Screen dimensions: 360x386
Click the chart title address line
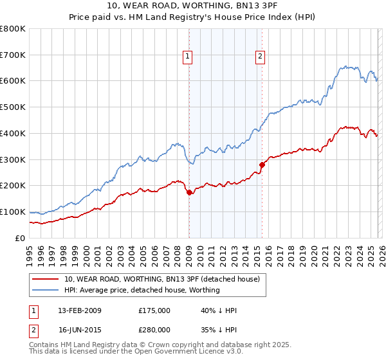pos(193,6)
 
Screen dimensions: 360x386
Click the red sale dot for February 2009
pos(189,192)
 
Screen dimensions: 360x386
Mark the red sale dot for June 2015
pos(262,165)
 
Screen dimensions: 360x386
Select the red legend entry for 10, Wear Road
pos(161,279)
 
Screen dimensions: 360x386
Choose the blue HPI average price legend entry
pos(142,290)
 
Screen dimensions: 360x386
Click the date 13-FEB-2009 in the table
pos(79,310)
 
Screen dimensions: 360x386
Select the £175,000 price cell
pos(154,310)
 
